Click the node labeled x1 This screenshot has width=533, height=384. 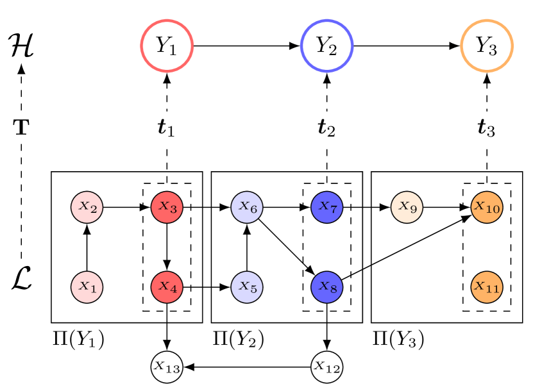pyautogui.click(x=87, y=287)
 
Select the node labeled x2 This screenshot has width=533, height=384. pyautogui.click(x=87, y=207)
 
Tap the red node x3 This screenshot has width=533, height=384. pyautogui.click(x=167, y=207)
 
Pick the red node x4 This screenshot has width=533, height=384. pyautogui.click(x=167, y=287)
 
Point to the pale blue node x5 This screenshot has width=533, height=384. pyautogui.click(x=247, y=287)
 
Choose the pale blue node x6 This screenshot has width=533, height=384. pyautogui.click(x=247, y=207)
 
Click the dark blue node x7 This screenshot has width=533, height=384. pyautogui.click(x=326, y=207)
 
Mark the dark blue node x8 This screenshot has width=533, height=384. pyautogui.click(x=326, y=287)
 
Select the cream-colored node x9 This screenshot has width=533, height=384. pyautogui.click(x=407, y=207)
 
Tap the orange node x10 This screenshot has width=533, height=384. pyautogui.click(x=487, y=207)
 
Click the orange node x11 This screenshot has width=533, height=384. pyautogui.click(x=487, y=287)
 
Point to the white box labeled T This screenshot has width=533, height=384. pyautogui.click(x=21, y=127)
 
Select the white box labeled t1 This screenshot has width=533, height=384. pyautogui.click(x=167, y=128)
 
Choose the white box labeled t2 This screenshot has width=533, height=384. pyautogui.click(x=326, y=128)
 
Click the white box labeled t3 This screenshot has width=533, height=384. pyautogui.click(x=487, y=128)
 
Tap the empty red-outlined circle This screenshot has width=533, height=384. pyautogui.click(x=167, y=46)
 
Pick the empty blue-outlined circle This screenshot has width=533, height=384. pyautogui.click(x=326, y=46)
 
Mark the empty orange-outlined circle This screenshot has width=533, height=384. pyautogui.click(x=487, y=46)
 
